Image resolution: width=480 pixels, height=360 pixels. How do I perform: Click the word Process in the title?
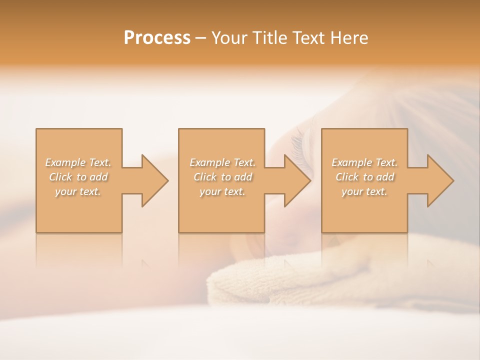pos(157,38)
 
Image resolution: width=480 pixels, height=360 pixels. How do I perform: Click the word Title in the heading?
pos(266,38)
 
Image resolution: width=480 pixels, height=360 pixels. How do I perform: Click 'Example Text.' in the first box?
pos(78,162)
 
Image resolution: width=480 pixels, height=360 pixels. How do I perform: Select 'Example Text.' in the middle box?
pos(222,162)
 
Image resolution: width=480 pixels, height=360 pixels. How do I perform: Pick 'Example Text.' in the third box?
pos(364,162)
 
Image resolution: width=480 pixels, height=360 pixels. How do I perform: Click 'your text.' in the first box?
pos(78,191)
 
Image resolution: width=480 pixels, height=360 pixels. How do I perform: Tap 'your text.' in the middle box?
pos(222,191)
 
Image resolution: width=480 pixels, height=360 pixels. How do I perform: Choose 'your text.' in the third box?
pos(364,191)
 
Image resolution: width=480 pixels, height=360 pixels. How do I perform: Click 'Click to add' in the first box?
pos(78,177)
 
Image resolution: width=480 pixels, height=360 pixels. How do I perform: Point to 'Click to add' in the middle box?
pos(222,177)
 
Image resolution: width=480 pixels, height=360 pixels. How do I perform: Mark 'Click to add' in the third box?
pos(364,177)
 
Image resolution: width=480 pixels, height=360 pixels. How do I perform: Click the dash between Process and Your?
pos(201,38)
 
